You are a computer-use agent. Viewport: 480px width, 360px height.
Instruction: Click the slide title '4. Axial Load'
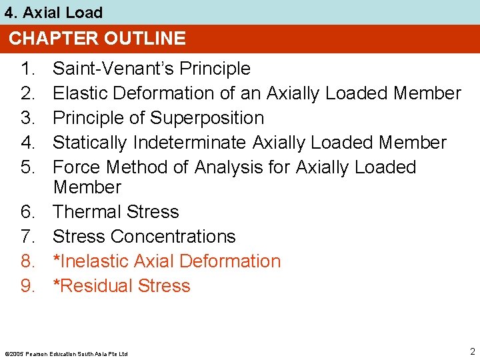click(53, 13)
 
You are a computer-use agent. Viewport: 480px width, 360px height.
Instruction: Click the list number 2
click(27, 93)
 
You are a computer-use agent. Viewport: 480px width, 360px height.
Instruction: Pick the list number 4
click(27, 143)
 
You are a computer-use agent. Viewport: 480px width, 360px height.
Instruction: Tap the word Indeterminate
click(191, 143)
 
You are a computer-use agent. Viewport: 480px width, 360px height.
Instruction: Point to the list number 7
click(27, 237)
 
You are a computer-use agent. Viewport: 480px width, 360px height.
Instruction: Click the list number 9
click(27, 286)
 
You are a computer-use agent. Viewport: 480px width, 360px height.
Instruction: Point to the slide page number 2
click(472, 351)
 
